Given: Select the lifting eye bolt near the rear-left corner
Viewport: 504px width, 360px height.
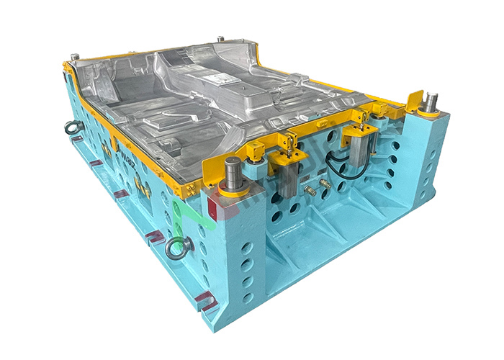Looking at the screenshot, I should pyautogui.click(x=72, y=127).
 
